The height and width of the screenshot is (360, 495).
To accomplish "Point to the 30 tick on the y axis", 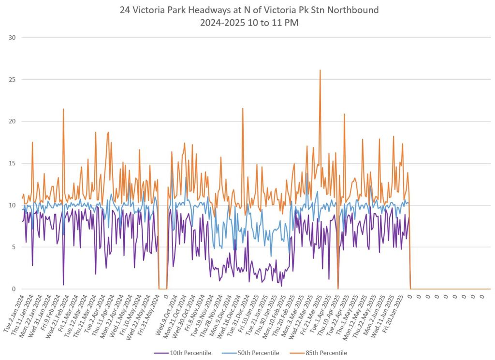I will [x=11, y=38].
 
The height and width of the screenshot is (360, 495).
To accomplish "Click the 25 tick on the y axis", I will [x=11, y=79].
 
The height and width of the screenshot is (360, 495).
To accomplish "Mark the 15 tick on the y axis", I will [x=11, y=163].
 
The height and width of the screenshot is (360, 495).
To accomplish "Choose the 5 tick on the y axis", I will [x=13, y=247].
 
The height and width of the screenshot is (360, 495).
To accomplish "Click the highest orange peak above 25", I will [x=320, y=70].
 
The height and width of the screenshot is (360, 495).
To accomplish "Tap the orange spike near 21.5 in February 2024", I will [x=63, y=109].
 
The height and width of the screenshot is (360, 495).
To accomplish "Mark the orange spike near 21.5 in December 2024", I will [x=243, y=109].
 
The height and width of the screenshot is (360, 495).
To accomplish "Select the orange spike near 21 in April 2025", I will [x=344, y=115].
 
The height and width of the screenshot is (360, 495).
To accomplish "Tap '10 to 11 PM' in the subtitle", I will [x=269, y=23].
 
